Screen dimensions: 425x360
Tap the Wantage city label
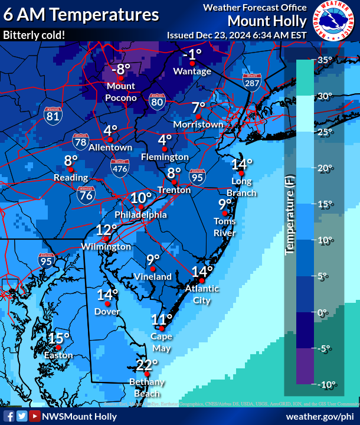click(192, 71)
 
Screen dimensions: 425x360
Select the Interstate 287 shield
click(251, 82)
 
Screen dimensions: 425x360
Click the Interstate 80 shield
click(156, 102)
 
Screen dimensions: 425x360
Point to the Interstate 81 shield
click(53, 114)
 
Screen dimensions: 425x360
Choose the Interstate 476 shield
click(120, 168)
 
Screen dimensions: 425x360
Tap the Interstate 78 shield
click(81, 141)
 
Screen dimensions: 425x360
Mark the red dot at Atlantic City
click(201, 280)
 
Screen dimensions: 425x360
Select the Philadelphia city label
click(140, 215)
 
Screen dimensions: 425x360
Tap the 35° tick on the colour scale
click(325, 60)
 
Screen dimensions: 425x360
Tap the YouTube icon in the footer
click(35, 416)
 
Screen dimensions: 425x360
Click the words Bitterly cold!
click(34, 35)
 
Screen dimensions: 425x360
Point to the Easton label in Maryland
click(58, 355)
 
